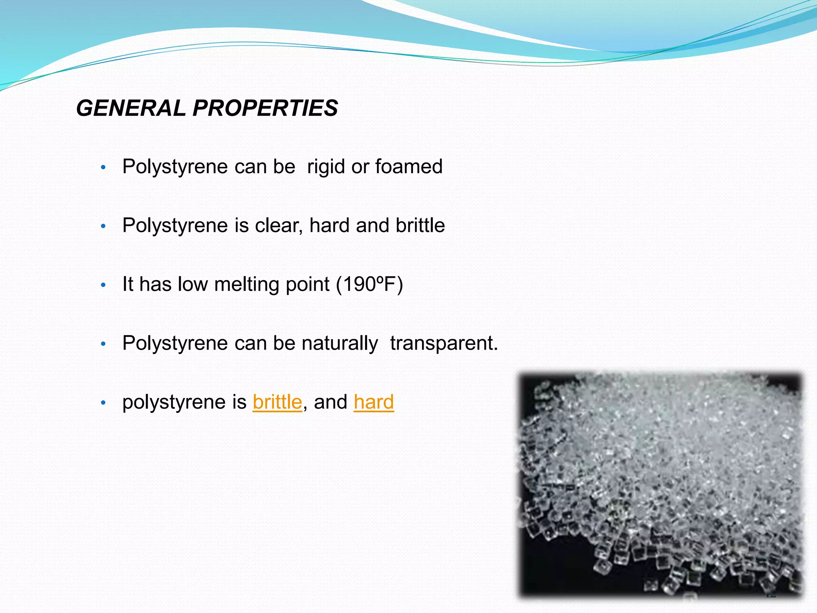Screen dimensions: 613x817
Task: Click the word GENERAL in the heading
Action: (x=130, y=108)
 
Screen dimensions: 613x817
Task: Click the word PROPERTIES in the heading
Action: (x=265, y=108)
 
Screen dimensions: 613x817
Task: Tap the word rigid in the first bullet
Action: (x=326, y=166)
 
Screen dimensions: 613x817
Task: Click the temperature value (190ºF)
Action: (x=369, y=284)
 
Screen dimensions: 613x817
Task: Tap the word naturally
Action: (x=339, y=344)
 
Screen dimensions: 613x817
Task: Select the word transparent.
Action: (x=444, y=344)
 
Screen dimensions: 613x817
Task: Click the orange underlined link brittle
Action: (x=277, y=402)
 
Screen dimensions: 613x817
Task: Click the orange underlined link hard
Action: (x=374, y=402)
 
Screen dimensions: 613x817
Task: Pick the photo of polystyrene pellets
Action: (x=660, y=485)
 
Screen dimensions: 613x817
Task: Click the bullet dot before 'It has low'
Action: (x=103, y=285)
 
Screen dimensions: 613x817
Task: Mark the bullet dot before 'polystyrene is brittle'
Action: (x=103, y=403)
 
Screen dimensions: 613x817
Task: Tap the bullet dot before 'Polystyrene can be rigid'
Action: (x=103, y=167)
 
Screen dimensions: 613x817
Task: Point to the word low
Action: (x=193, y=284)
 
